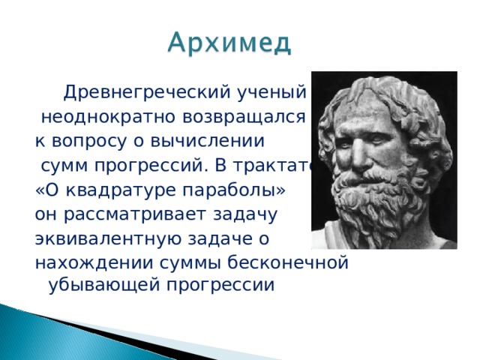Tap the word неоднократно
pyautogui.click(x=96, y=118)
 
